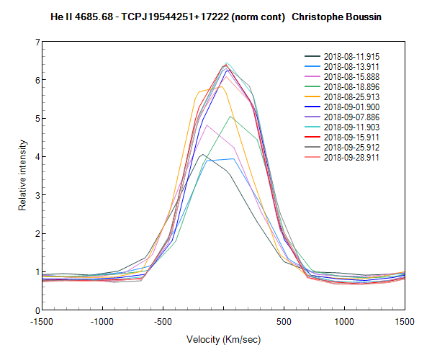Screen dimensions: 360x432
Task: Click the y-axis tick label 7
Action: click(36, 42)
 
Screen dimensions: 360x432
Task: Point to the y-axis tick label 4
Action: click(36, 157)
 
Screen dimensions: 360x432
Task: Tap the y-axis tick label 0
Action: click(36, 310)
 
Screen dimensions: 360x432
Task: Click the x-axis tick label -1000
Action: click(102, 322)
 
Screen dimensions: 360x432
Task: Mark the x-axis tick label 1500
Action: click(404, 322)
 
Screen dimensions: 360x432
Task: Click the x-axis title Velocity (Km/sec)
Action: click(223, 339)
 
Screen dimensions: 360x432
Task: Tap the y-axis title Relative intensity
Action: click(22, 176)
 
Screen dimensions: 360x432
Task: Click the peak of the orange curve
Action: click(222, 86)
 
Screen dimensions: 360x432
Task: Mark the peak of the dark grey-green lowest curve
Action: click(203, 154)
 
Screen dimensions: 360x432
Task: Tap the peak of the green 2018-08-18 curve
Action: click(230, 117)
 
